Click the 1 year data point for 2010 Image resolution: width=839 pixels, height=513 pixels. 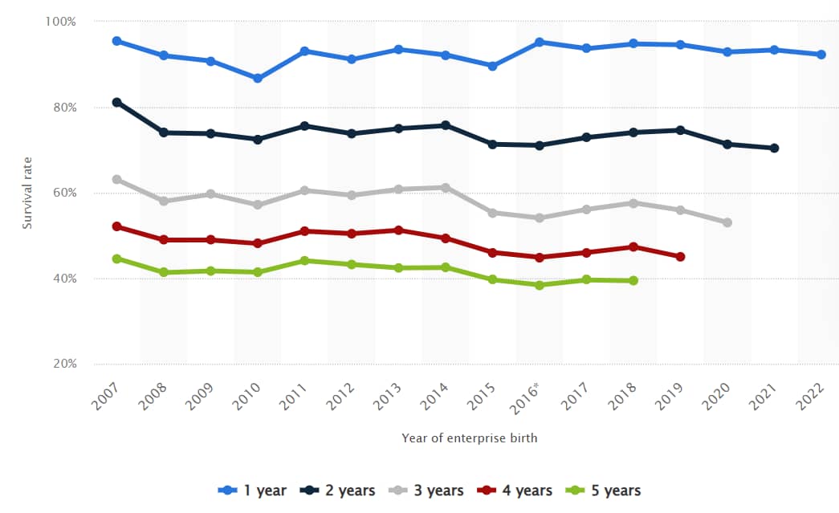pyautogui.click(x=258, y=79)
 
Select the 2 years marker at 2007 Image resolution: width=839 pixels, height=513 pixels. pyautogui.click(x=117, y=103)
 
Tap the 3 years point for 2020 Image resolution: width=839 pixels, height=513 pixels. pyautogui.click(x=727, y=222)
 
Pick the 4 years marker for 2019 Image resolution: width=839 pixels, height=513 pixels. pyautogui.click(x=681, y=257)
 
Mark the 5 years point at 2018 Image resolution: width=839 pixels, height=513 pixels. pyautogui.click(x=633, y=280)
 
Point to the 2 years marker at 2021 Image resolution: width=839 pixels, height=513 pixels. pyautogui.click(x=775, y=148)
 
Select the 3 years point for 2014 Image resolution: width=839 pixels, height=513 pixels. pyautogui.click(x=446, y=188)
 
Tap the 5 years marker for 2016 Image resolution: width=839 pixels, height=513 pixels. pyautogui.click(x=540, y=285)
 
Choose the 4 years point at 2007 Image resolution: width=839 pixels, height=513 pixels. pyautogui.click(x=117, y=226)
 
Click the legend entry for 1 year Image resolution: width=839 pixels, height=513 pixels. pyautogui.click(x=253, y=491)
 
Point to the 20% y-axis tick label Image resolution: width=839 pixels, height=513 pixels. pyautogui.click(x=63, y=364)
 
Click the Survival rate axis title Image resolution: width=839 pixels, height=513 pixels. pyautogui.click(x=27, y=193)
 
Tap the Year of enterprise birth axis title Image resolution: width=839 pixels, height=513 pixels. pyautogui.click(x=470, y=438)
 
